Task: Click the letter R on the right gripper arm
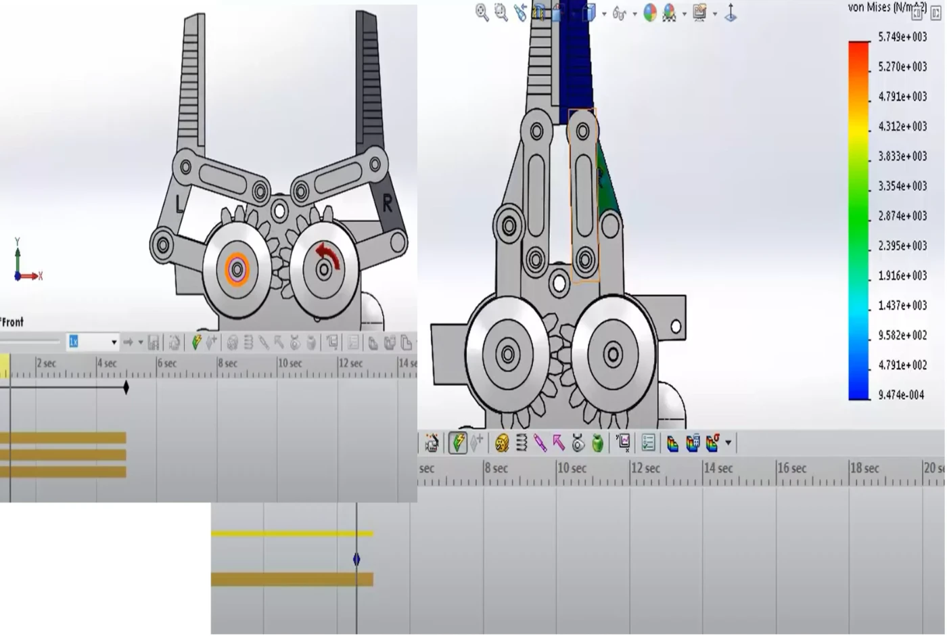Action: point(387,203)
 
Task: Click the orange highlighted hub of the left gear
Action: point(237,270)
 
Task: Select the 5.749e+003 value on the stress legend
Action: point(902,37)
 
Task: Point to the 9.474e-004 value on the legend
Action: point(901,395)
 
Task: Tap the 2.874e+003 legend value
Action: point(902,216)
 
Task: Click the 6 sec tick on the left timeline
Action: point(166,364)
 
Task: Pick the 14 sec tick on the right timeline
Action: point(718,468)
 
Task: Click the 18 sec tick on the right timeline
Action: point(864,468)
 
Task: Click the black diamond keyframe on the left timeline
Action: point(126,388)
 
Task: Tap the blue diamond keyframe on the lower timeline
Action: point(356,560)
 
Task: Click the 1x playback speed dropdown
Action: point(92,342)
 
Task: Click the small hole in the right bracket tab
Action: point(676,327)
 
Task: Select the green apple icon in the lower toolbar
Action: point(597,443)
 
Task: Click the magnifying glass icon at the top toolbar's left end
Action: point(482,12)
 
